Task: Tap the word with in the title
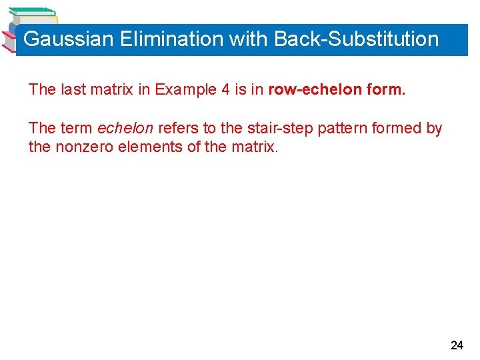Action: tap(248, 39)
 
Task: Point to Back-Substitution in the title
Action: tap(357, 39)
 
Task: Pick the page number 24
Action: tap(457, 345)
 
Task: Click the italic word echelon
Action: tap(125, 128)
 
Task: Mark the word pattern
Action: tap(340, 128)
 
